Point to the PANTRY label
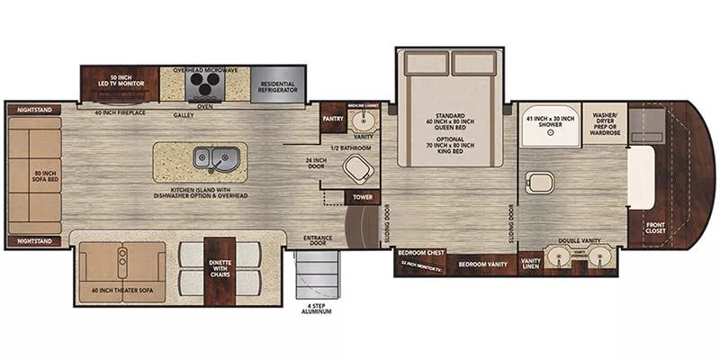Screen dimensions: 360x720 click(333, 116)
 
